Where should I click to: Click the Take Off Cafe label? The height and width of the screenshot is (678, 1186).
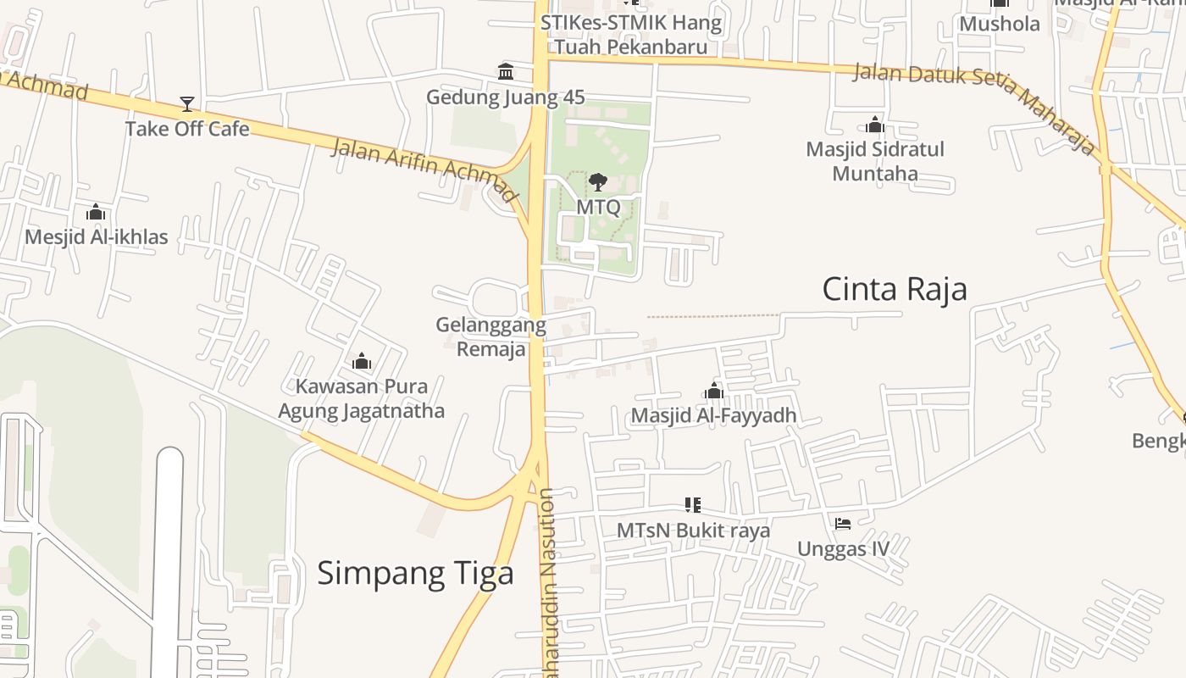[x=187, y=129]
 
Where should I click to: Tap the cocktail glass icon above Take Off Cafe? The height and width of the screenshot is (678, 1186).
[x=187, y=104]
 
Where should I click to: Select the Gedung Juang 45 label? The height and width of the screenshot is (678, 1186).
[x=505, y=97]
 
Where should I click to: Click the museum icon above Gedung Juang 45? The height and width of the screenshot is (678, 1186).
[x=506, y=71]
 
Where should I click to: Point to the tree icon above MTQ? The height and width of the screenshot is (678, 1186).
[x=598, y=181]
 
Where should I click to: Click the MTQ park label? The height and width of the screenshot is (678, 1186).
[x=598, y=207]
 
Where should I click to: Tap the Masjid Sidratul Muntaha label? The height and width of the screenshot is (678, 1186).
[x=875, y=161]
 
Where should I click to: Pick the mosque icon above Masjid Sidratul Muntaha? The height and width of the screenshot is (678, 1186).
[x=875, y=126]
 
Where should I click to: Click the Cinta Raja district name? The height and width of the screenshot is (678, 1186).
[x=895, y=290]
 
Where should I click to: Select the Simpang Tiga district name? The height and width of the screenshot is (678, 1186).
[x=415, y=574]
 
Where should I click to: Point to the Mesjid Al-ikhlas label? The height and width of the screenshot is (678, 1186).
[x=96, y=237]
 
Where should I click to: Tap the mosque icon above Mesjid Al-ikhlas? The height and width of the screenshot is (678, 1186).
[x=96, y=212]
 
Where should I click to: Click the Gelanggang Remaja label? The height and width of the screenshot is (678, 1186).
[x=490, y=337]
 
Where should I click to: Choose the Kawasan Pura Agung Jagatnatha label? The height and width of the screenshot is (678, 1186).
[x=362, y=399]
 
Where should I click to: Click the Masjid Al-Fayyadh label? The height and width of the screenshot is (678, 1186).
[x=713, y=416]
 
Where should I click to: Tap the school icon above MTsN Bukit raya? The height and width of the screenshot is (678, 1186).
[x=693, y=505]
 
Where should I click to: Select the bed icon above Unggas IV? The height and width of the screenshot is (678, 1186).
[x=843, y=524]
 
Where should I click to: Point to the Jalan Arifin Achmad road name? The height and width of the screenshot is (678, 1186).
[x=424, y=169]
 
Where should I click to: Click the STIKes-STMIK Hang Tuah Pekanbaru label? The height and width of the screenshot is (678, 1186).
[x=631, y=35]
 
